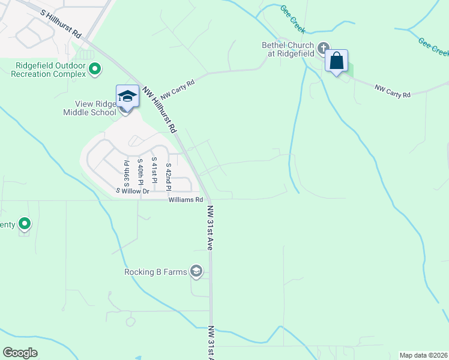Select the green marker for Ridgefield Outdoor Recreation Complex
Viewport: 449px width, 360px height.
[94, 70]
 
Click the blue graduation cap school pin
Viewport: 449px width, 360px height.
[127, 96]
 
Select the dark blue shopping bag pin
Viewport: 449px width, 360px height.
[337, 61]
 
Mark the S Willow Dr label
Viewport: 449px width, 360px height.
[132, 191]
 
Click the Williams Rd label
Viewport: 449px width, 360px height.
[185, 199]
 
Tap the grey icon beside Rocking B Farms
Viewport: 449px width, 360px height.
[196, 272]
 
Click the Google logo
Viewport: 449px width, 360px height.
[20, 353]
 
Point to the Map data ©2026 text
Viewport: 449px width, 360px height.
[423, 355]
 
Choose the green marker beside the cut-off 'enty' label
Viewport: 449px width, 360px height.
[25, 224]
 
